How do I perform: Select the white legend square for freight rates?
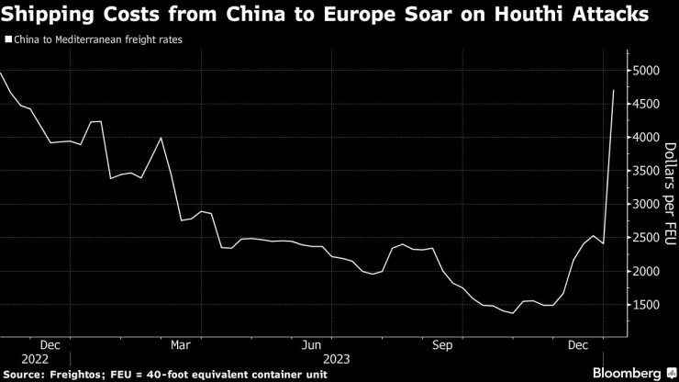8,40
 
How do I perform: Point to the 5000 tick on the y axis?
646,71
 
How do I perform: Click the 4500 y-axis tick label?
646,105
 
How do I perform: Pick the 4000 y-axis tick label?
646,138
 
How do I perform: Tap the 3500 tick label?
646,172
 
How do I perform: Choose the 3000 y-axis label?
646,205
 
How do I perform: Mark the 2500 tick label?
646,239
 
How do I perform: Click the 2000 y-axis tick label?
646,272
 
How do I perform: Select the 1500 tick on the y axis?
646,306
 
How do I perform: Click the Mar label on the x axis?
181,345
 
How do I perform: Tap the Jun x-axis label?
312,345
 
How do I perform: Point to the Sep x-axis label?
443,345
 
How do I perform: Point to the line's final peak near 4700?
613,90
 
